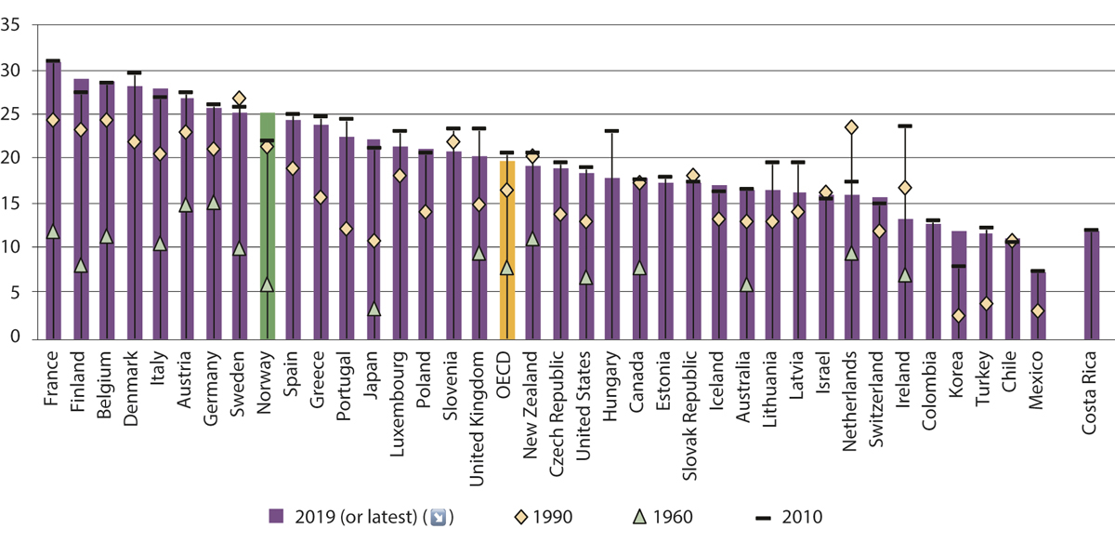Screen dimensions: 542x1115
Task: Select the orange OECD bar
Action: pyautogui.click(x=506, y=250)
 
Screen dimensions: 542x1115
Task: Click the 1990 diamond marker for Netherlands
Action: pyautogui.click(x=851, y=127)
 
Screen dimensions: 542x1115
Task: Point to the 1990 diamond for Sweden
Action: pyautogui.click(x=240, y=99)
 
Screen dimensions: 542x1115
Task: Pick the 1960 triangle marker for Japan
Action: pyautogui.click(x=374, y=309)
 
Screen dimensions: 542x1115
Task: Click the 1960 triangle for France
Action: pyautogui.click(x=53, y=231)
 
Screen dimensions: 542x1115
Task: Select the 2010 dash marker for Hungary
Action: pyautogui.click(x=611, y=131)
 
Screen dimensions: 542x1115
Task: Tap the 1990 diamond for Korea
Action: pyautogui.click(x=958, y=316)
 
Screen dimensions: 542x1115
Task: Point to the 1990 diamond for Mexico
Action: pyautogui.click(x=1038, y=311)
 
